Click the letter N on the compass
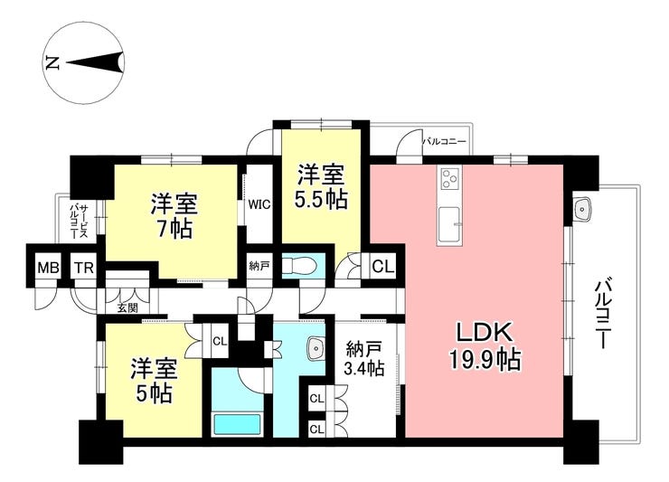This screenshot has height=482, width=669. coord(52,63)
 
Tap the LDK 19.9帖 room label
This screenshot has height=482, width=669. coord(485,346)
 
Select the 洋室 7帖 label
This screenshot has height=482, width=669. coord(174,216)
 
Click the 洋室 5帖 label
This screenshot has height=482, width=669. coord(155,381)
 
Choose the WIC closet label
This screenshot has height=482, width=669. coord(259,204)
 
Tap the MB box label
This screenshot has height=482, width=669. coord(48,268)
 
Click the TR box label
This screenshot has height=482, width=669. coord(84,268)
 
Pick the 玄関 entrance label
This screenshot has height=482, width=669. coord(127,307)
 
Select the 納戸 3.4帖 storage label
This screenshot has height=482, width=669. coord(364,359)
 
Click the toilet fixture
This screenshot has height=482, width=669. coord(300,266)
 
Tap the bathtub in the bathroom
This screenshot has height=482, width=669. coord(237,425)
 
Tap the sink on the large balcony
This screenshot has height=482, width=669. coord(582,209)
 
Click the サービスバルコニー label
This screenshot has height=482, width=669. coord(79,222)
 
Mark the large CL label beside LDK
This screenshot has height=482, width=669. coord(382,267)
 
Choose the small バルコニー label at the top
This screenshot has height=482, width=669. coord(444,141)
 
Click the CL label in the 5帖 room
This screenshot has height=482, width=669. coord(220,341)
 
